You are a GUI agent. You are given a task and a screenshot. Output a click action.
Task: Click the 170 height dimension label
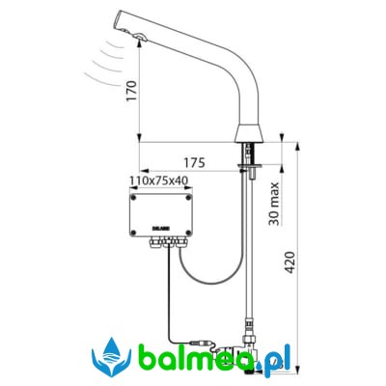tap(131, 92)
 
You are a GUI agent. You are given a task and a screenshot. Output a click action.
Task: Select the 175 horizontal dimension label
tap(194, 163)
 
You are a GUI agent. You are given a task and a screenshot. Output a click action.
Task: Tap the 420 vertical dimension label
tap(290, 262)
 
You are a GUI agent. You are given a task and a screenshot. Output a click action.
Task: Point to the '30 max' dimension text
tap(274, 204)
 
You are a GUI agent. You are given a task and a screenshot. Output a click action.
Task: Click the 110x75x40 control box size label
tap(158, 180)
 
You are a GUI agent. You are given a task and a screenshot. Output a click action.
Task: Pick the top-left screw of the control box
tap(134, 198)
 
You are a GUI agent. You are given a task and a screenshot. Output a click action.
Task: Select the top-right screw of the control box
tap(188, 198)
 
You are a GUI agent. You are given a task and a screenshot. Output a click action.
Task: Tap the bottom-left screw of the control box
tap(134, 233)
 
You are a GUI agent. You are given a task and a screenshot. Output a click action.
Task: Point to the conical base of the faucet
tap(249, 132)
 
